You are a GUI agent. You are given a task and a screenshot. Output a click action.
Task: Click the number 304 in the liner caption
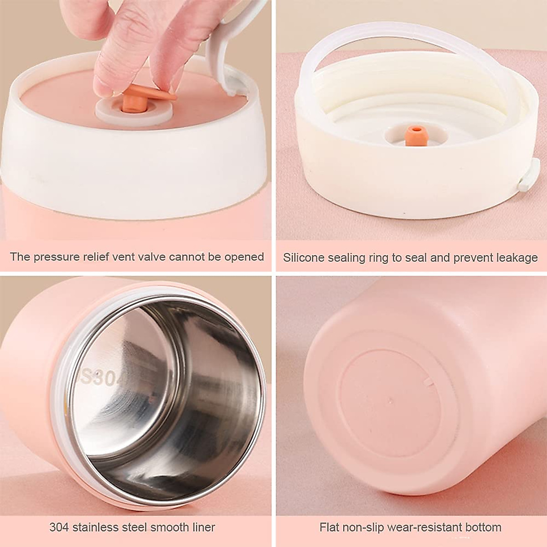click(x=59, y=528)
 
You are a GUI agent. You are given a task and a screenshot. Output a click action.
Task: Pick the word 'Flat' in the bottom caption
click(x=329, y=528)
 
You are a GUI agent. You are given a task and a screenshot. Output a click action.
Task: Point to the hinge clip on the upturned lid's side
click(x=529, y=175)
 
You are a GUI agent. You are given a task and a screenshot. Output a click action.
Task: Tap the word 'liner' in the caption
click(x=201, y=528)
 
